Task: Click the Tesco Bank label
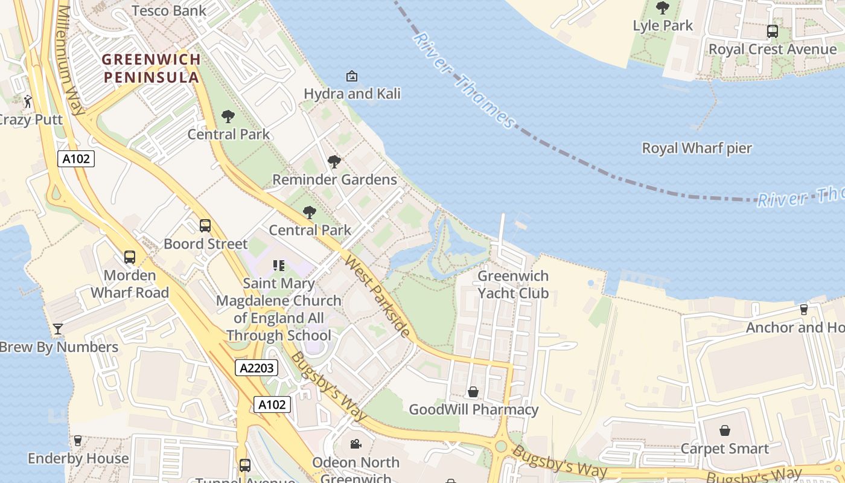168,10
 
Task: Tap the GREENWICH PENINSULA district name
151,68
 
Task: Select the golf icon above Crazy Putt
28,101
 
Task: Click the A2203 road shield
256,368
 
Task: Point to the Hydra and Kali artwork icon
351,76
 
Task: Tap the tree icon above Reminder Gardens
334,162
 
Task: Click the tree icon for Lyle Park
662,8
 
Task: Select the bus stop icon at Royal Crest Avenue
772,31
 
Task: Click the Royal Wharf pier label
697,148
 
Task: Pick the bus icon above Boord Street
205,226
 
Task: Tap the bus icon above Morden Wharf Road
130,257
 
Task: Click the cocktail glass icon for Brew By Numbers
58,329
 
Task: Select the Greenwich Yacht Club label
513,284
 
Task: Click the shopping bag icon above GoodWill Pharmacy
473,392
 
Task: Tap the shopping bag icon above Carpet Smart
724,431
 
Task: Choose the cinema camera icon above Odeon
356,444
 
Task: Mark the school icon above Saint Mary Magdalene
278,266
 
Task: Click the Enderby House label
78,458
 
